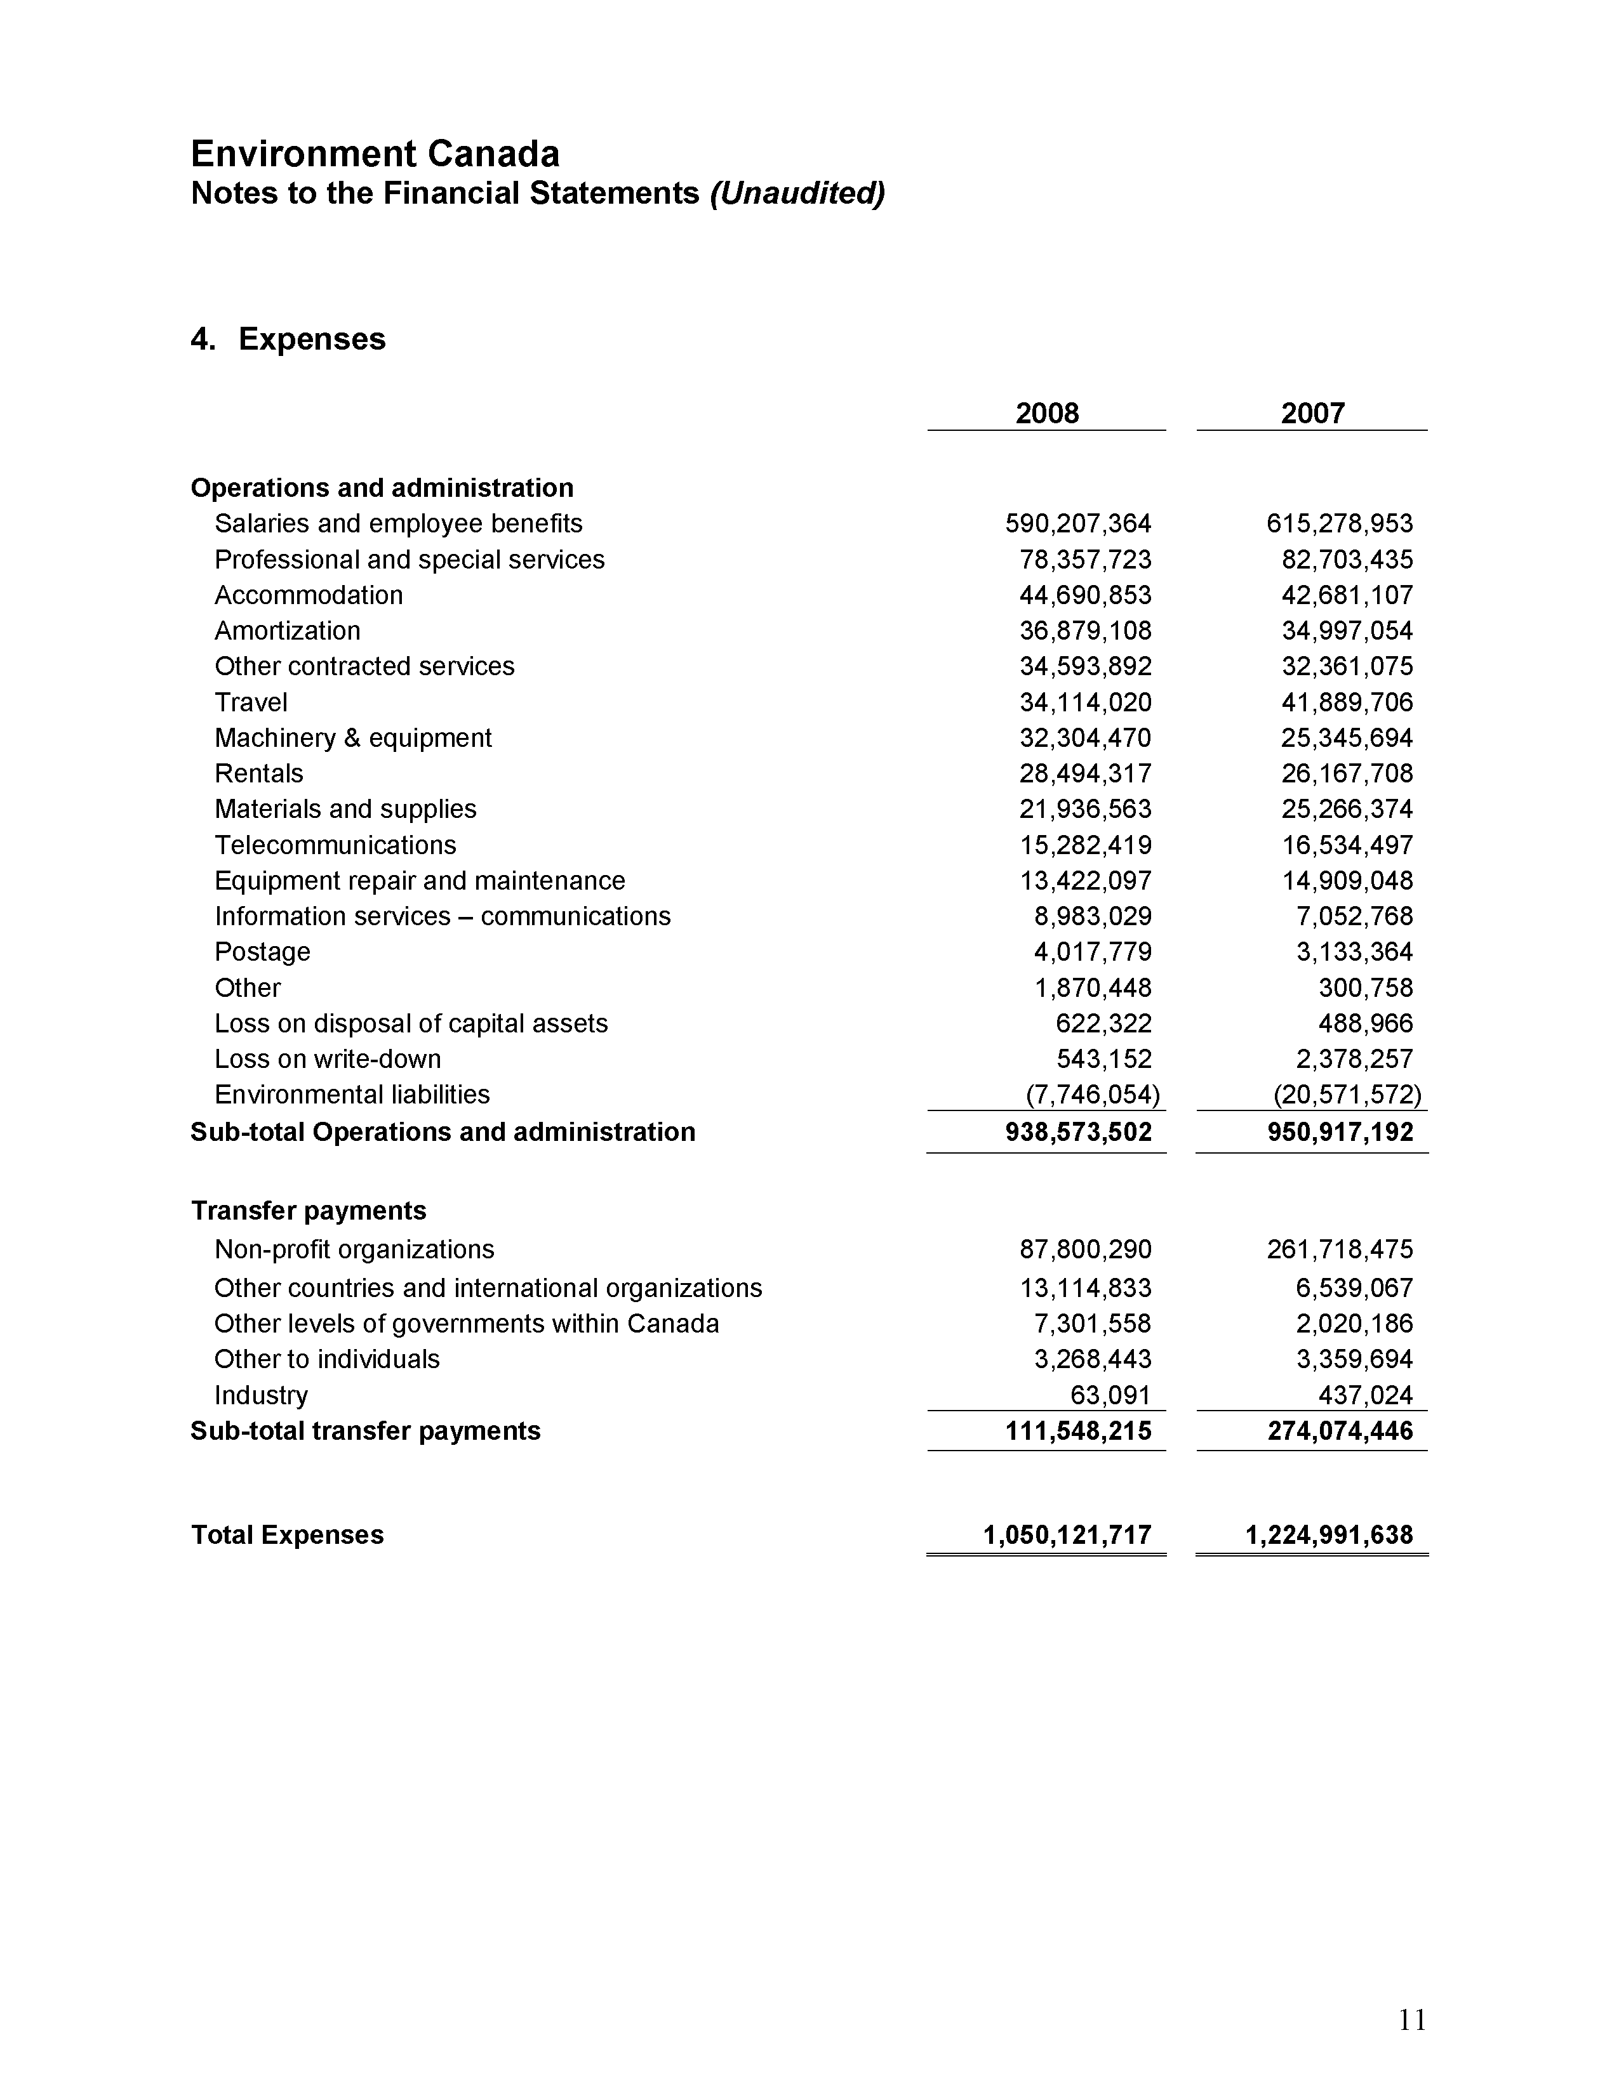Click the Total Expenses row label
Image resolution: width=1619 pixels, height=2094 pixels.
[287, 1535]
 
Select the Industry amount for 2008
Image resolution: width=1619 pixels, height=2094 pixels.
[1110, 1395]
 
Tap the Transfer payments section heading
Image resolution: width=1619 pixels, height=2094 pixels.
[308, 1210]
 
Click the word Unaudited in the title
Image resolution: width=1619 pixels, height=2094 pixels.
[796, 193]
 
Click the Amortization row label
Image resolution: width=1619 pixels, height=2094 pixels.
[287, 630]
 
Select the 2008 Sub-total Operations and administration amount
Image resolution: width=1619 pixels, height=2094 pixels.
[1078, 1132]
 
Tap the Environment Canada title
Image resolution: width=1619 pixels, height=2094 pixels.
[375, 154]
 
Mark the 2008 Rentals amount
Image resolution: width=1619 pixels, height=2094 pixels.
[1085, 773]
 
